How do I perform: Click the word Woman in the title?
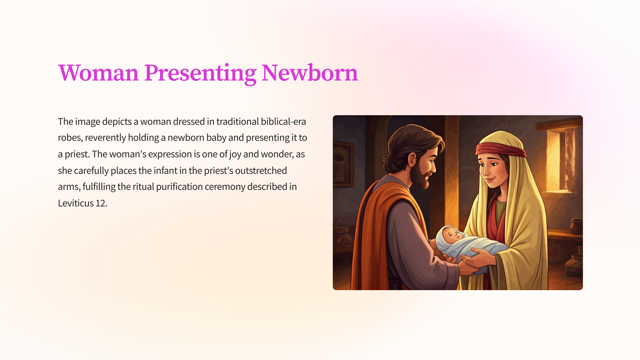click(98, 73)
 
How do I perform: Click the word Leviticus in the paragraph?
click(76, 203)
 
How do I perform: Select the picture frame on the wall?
click(343, 164)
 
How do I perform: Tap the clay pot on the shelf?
click(577, 226)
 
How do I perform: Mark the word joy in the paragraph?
click(236, 154)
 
